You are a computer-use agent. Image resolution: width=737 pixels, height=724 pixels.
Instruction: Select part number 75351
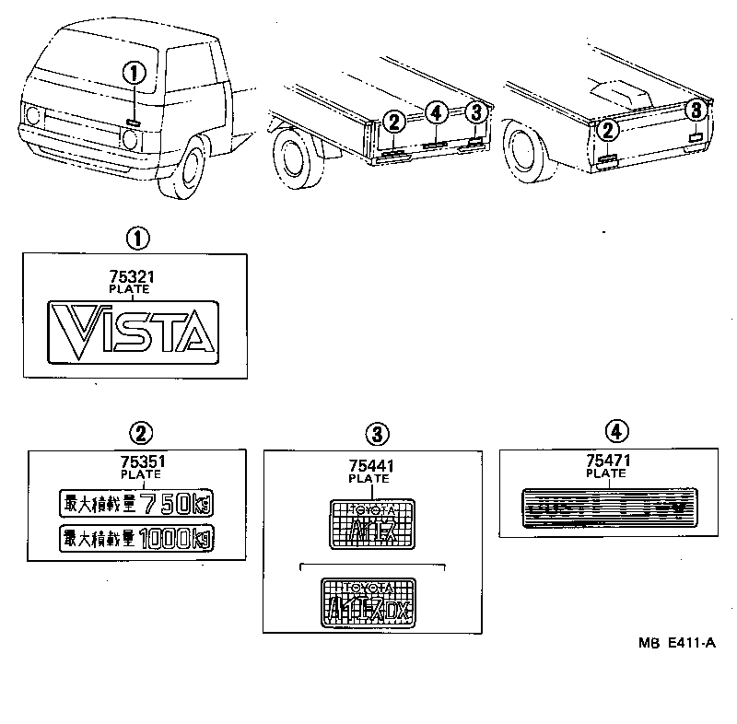click(x=140, y=461)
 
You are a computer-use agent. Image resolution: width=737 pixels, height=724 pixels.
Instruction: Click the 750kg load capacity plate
click(x=135, y=502)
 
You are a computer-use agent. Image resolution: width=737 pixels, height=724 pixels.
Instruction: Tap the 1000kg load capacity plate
click(x=135, y=536)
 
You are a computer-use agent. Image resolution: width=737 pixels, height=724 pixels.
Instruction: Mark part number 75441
click(x=372, y=466)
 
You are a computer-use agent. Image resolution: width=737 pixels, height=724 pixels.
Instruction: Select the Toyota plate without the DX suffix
click(x=372, y=524)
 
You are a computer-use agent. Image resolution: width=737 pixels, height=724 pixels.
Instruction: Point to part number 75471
click(x=605, y=461)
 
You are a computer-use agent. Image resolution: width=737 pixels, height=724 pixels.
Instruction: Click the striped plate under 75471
click(x=605, y=507)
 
